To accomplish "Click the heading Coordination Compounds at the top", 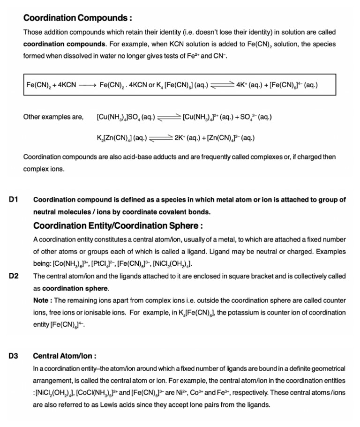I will coord(77,18).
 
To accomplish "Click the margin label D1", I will coord(13,200).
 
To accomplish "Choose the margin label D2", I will coord(13,276).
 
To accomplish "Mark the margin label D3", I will coord(13,356).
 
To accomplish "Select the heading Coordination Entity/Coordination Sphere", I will coord(118,226).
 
